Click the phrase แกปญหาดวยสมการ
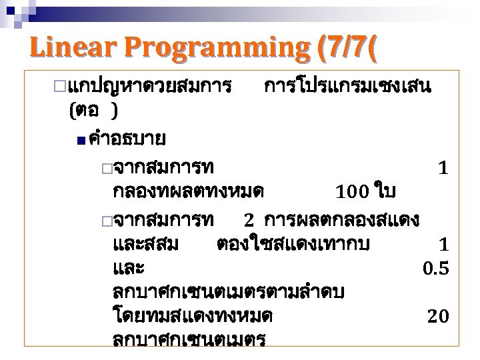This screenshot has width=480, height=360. pos(150,87)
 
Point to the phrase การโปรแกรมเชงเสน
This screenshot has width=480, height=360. pos(348,87)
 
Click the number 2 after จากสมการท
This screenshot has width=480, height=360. pos(249,219)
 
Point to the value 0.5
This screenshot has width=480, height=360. pos(436,269)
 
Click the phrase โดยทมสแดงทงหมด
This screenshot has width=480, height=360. pos(193,315)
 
